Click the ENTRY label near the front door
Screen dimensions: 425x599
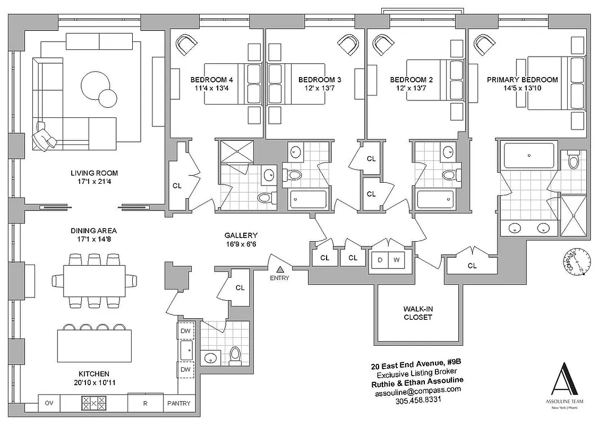[279, 278]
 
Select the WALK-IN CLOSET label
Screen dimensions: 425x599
[417, 313]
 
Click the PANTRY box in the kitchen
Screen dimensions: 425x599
[178, 403]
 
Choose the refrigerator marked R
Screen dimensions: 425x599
[144, 403]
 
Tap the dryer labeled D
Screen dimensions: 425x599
[380, 260]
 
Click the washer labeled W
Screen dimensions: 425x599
[396, 260]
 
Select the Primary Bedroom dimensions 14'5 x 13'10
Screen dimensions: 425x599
[523, 89]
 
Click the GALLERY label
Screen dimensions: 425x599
[241, 235]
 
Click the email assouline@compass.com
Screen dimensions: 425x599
[418, 390]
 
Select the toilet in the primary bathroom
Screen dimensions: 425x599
[572, 159]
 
